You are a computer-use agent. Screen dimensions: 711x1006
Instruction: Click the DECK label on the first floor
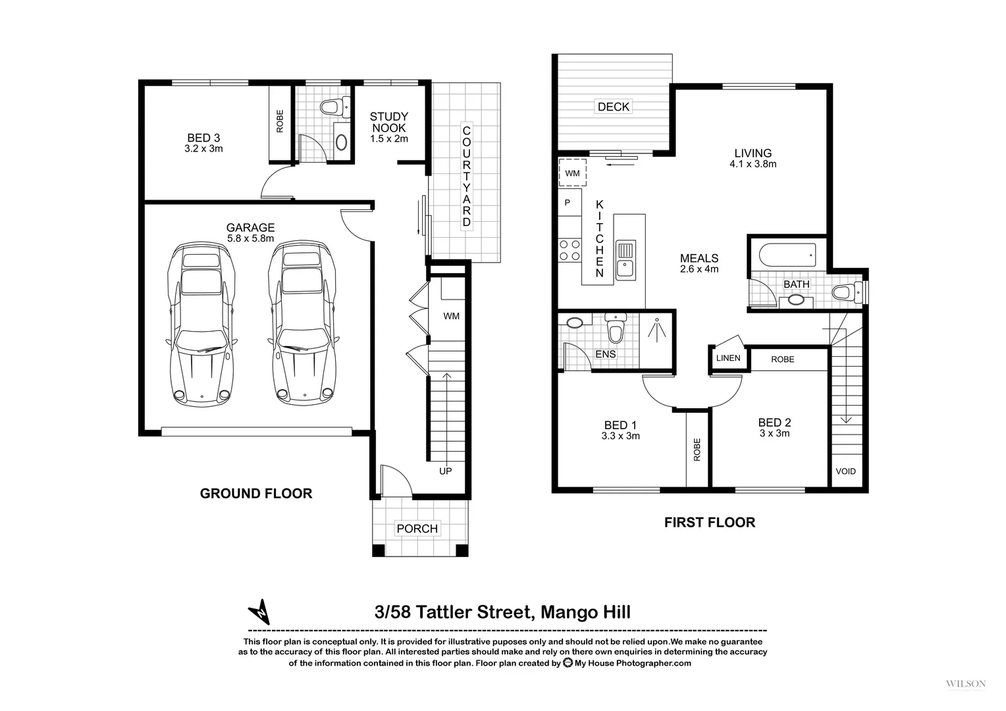coord(613,107)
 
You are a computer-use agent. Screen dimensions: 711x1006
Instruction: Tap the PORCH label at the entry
coord(417,529)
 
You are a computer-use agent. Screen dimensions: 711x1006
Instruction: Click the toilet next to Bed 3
coord(330,107)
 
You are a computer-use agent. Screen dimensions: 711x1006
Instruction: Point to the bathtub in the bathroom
coord(787,254)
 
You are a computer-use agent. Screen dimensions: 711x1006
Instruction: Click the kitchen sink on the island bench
coord(625,259)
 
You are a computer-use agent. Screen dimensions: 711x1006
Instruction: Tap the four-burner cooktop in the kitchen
coord(569,251)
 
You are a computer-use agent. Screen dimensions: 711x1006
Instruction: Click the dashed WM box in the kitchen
coord(572,173)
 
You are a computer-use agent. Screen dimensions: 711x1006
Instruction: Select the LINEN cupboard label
coord(728,358)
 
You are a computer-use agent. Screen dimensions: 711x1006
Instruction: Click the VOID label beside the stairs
coord(845,471)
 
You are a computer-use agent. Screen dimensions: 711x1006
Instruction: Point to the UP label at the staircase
coord(446,471)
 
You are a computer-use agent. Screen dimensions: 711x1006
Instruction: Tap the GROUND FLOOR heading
coord(256,494)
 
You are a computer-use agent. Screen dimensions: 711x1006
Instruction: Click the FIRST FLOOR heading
coord(709,523)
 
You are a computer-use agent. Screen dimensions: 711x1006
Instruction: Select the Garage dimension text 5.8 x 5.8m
coord(250,239)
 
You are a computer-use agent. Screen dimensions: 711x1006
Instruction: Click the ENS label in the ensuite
coord(605,354)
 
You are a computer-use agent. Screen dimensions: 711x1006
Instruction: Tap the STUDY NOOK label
coord(388,122)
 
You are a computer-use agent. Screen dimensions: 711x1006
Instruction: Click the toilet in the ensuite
coord(615,330)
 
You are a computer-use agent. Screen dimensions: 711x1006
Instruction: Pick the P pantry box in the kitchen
coord(568,203)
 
